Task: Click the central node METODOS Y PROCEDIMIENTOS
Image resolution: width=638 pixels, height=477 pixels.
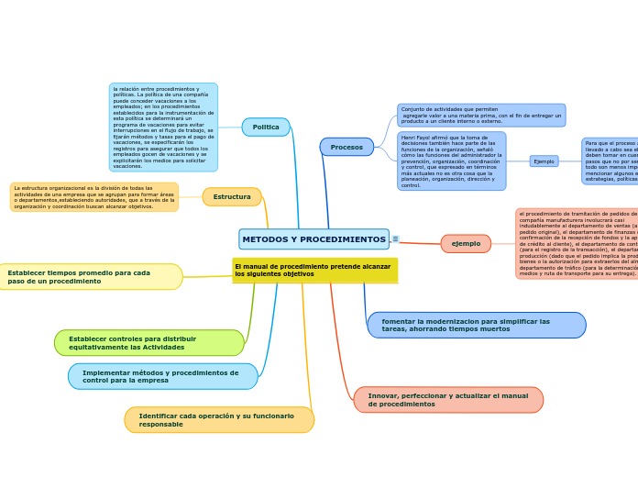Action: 313,239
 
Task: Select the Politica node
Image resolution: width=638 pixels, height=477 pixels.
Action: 266,128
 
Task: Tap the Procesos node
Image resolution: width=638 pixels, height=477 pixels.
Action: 346,147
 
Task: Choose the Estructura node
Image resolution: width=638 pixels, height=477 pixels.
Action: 232,197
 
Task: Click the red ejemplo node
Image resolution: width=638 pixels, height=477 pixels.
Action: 466,244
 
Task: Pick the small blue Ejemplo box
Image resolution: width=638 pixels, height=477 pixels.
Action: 544,161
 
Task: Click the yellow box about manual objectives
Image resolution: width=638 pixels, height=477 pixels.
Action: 314,271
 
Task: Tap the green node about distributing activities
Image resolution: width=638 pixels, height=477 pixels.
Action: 148,343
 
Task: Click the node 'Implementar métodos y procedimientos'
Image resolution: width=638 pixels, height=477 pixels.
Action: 162,376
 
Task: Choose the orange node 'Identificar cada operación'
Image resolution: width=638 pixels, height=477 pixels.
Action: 219,420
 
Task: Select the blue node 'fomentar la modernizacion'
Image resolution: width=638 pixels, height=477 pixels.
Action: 476,326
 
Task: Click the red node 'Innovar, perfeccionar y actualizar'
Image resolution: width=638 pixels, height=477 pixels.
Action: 448,400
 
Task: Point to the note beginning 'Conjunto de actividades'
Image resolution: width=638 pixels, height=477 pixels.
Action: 481,116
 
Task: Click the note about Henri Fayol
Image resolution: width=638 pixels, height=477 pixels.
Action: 451,161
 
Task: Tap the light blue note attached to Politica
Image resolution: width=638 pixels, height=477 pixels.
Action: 163,128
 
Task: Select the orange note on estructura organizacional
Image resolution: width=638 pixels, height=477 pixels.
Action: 94,197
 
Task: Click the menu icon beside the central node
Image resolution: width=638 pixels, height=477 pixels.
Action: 395,239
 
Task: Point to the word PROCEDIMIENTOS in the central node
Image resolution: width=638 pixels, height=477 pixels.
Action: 340,239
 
